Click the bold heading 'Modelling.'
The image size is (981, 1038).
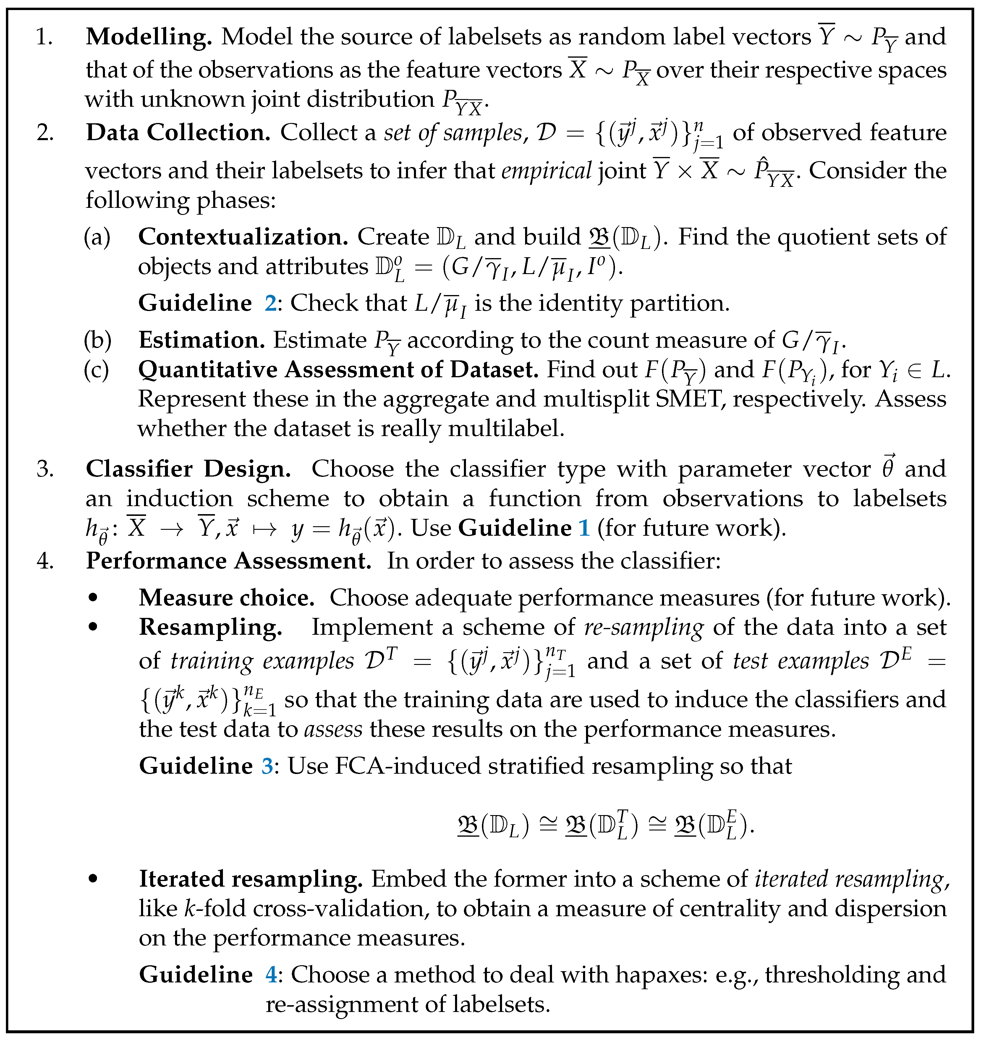click(x=148, y=37)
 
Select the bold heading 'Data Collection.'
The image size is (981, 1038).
click(x=178, y=133)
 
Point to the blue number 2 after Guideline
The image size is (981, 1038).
click(x=270, y=303)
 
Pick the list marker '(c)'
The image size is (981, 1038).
click(x=97, y=370)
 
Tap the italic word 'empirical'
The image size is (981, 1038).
click(x=546, y=171)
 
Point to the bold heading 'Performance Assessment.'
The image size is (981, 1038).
click(x=229, y=561)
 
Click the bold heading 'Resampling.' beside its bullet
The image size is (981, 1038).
click(x=210, y=628)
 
